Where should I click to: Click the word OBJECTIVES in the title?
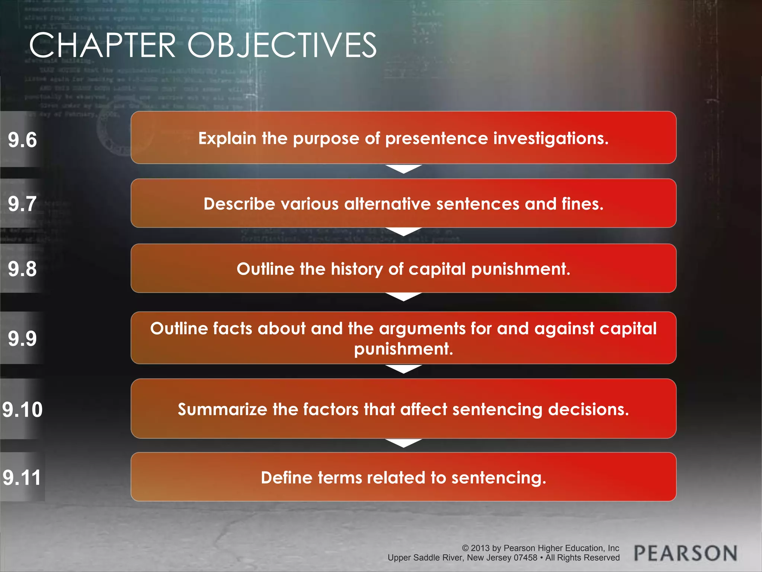(x=282, y=45)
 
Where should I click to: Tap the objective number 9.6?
(x=22, y=140)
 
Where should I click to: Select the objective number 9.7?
(x=22, y=204)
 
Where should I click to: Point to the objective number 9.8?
(x=22, y=269)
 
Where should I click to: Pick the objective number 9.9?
(x=22, y=339)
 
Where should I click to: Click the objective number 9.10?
(x=22, y=410)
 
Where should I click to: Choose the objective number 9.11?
(x=22, y=477)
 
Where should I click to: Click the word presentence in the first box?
(x=436, y=139)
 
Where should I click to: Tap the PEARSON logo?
(x=685, y=553)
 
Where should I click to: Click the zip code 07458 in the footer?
(x=525, y=558)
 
